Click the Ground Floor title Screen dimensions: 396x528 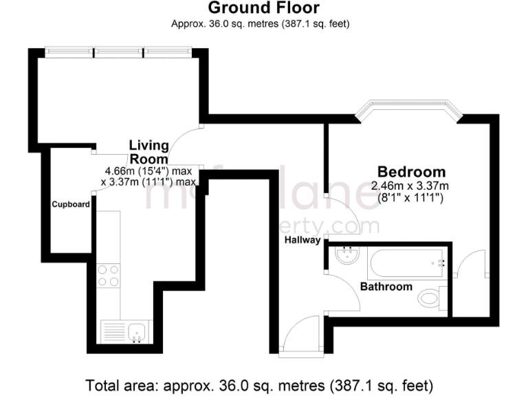pyautogui.click(x=263, y=8)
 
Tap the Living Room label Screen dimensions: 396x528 pyautogui.click(x=149, y=152)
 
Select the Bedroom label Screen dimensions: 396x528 pyautogui.click(x=410, y=172)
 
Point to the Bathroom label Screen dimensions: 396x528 pyautogui.click(x=386, y=287)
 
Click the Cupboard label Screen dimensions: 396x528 pyautogui.click(x=71, y=204)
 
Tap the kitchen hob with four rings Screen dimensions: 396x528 pyautogui.click(x=109, y=275)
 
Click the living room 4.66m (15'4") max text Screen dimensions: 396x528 pyautogui.click(x=148, y=170)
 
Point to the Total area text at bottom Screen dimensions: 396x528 pyautogui.click(x=259, y=384)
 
